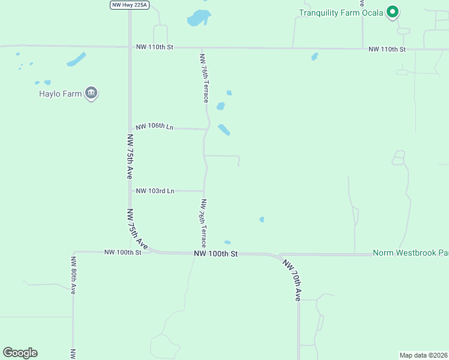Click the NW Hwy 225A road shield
point(129,5)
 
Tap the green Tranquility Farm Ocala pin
point(393,11)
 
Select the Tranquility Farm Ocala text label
point(341,13)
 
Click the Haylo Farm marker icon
point(91,93)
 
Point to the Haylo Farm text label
point(60,94)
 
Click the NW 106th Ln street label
point(154,127)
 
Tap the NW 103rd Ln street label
point(155,191)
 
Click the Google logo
point(20,353)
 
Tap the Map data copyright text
point(423,355)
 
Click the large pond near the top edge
point(199,18)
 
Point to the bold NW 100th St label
point(216,254)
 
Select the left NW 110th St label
point(154,47)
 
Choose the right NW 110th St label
point(387,49)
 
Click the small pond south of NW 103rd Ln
point(262,220)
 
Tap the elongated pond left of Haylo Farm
point(76,59)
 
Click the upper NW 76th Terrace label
point(204,78)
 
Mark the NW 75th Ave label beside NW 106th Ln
point(130,156)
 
